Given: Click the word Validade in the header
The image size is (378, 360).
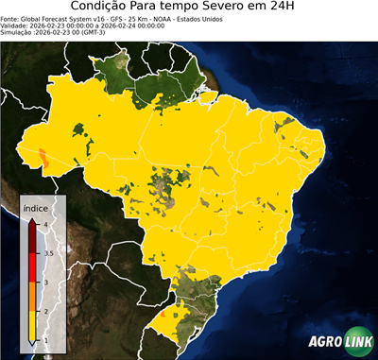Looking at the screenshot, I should pyautogui.click(x=16, y=25).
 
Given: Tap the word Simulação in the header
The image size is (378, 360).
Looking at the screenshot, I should pyautogui.click(x=19, y=32).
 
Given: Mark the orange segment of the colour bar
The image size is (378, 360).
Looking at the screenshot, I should pyautogui.click(x=31, y=297).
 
